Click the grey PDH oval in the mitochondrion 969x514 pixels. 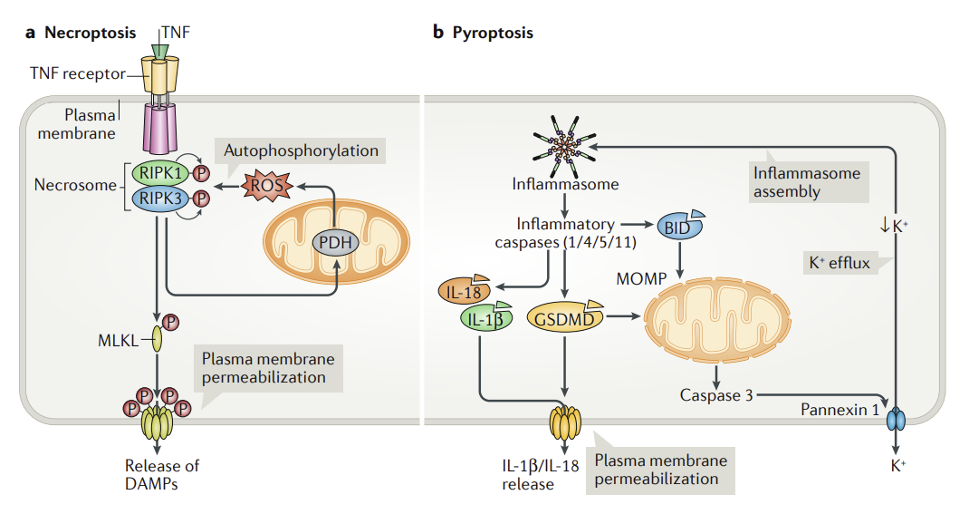[x=335, y=242]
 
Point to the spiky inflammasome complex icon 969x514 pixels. [x=565, y=146]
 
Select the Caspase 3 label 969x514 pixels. [x=716, y=395]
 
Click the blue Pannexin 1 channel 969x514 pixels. [x=895, y=419]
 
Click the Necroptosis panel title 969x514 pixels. [x=81, y=33]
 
